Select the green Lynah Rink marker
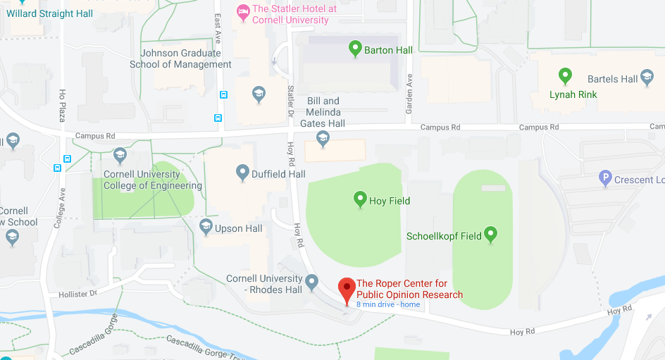coord(564,75)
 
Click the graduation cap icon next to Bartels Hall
coord(649,79)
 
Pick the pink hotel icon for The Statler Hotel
coord(243,10)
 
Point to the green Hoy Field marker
coord(360,200)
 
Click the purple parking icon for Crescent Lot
coord(604,179)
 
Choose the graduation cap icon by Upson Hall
coord(206,227)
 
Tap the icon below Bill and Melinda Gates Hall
coord(323,139)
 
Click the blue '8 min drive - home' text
coord(388,305)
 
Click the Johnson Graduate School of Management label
coord(180,58)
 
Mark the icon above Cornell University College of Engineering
coord(120,155)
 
